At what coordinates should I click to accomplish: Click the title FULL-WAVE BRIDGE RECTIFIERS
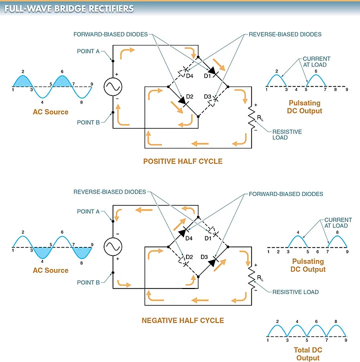(69, 8)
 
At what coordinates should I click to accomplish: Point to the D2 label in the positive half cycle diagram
(189, 96)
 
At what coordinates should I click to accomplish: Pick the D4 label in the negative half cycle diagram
(189, 238)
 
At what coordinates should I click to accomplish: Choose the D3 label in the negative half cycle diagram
(204, 257)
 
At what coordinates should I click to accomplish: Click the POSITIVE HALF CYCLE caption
(182, 161)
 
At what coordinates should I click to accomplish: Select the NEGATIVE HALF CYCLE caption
(182, 320)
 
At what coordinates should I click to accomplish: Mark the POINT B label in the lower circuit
(88, 282)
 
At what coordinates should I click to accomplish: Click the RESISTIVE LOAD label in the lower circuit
(295, 292)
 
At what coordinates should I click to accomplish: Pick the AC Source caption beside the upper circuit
(50, 111)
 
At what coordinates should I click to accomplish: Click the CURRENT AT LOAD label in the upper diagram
(316, 61)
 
